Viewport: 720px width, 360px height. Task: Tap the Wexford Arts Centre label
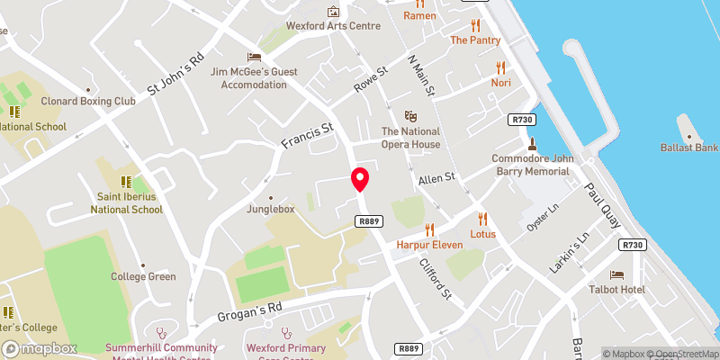pyautogui.click(x=334, y=26)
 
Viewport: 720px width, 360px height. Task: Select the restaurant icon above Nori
pyautogui.click(x=501, y=66)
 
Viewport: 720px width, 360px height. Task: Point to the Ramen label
pyautogui.click(x=419, y=15)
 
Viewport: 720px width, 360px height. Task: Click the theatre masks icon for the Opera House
pyautogui.click(x=411, y=116)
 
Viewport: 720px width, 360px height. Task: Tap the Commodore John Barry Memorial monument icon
pyautogui.click(x=532, y=143)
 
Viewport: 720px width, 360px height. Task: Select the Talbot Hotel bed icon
pyautogui.click(x=616, y=274)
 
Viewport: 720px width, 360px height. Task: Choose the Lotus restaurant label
pyautogui.click(x=482, y=234)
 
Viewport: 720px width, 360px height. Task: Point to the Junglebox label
pyautogui.click(x=271, y=210)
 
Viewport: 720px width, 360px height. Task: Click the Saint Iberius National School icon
pyautogui.click(x=126, y=181)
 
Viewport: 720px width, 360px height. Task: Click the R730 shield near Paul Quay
pyautogui.click(x=634, y=245)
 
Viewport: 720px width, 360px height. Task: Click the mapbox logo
pyautogui.click(x=40, y=348)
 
